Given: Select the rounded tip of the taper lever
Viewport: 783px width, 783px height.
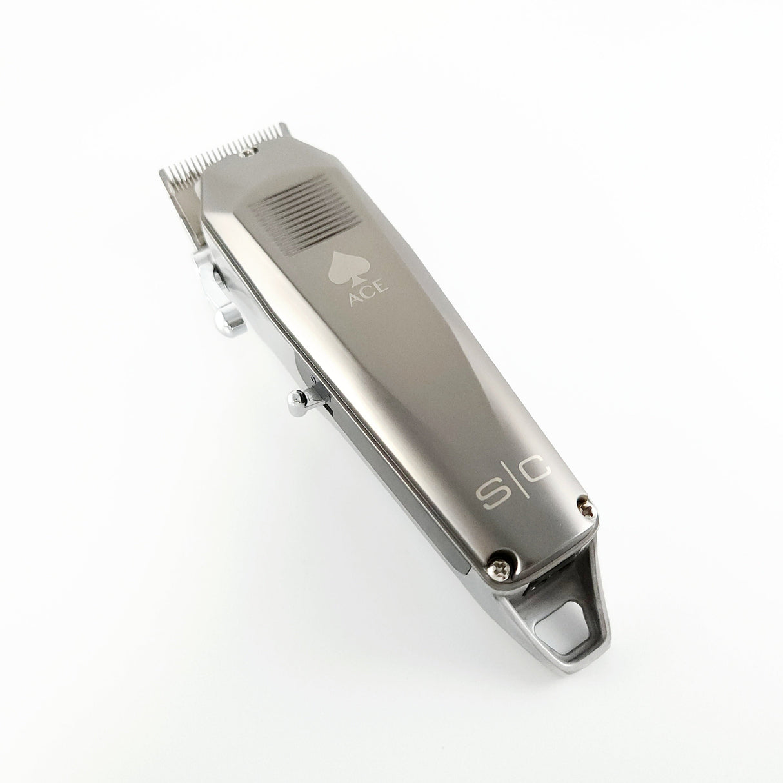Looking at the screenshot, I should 227,319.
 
